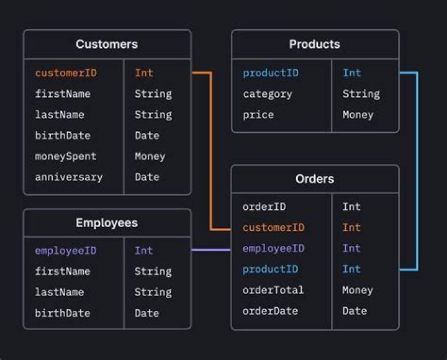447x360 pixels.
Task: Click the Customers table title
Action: coord(107,44)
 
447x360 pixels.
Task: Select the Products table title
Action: coord(315,44)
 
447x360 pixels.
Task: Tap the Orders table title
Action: coord(315,179)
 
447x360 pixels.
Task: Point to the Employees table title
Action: coord(107,223)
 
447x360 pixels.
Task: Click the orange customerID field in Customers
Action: coord(66,73)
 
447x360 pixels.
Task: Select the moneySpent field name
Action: coord(66,156)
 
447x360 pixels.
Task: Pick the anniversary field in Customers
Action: coord(68,177)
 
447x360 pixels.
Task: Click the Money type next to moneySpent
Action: coord(150,156)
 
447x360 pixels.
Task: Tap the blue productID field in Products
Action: coord(271,73)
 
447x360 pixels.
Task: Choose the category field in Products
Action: coord(267,94)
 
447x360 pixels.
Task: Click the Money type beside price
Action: coord(358,115)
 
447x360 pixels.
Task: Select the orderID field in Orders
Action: coord(264,207)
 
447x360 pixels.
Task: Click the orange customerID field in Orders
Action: coord(273,227)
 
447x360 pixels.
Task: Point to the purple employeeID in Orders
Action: coord(273,248)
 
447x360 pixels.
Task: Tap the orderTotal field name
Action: coord(273,290)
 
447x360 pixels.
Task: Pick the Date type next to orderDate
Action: coord(354,311)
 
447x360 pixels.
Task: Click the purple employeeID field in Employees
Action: coord(66,251)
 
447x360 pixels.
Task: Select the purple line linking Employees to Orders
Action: coord(211,250)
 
